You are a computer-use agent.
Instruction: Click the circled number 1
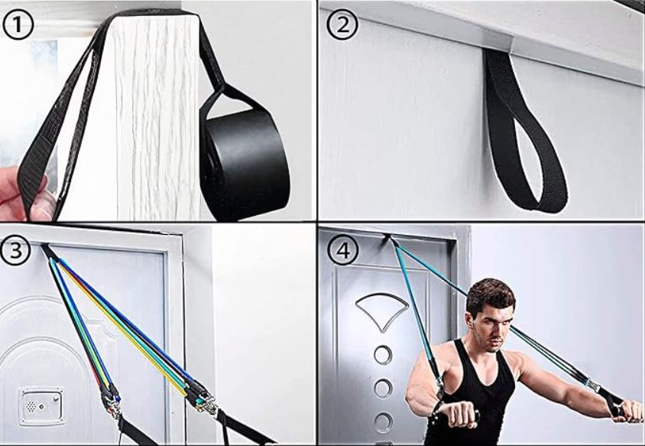point(18,24)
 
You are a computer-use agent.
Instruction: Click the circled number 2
point(342,24)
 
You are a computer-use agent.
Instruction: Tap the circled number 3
point(15,249)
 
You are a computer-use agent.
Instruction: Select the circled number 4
point(342,250)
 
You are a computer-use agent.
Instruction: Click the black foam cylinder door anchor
point(245,164)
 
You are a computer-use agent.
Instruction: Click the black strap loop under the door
point(523,131)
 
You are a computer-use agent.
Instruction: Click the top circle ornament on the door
point(383,354)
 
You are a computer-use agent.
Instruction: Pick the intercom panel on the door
point(41,406)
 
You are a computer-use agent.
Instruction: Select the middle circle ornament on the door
point(383,388)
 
